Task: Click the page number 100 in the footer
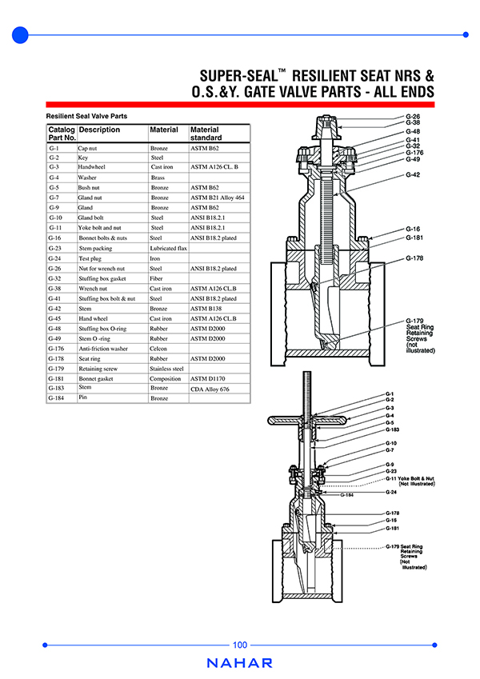(x=240, y=645)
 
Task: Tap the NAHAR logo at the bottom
(x=239, y=663)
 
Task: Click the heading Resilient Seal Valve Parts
(x=87, y=116)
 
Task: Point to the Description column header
(x=99, y=130)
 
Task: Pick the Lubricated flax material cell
(x=168, y=249)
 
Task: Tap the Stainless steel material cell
(x=167, y=369)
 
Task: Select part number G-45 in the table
(x=55, y=318)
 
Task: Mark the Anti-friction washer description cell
(x=102, y=349)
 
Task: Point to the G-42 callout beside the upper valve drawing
(x=413, y=174)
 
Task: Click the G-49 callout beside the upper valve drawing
(x=413, y=158)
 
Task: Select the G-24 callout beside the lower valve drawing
(x=391, y=492)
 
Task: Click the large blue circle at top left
(x=21, y=34)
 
